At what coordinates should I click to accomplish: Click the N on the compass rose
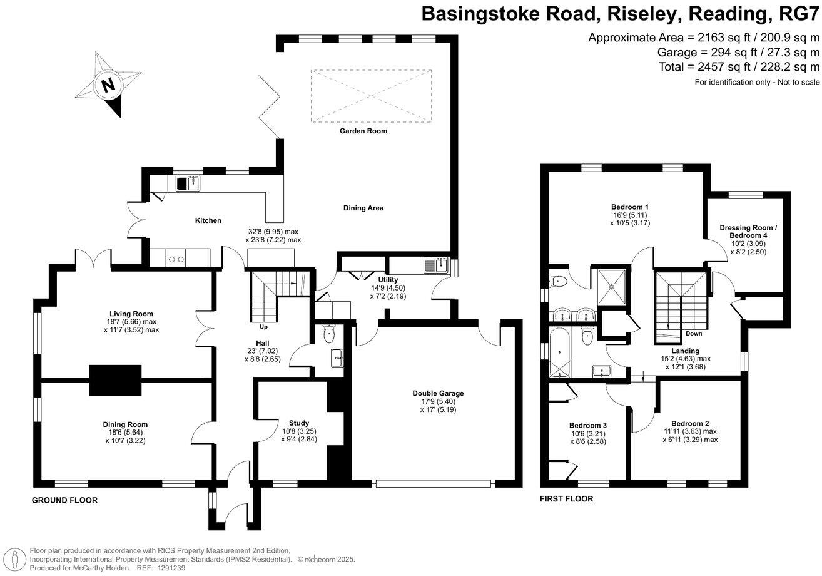point(108,85)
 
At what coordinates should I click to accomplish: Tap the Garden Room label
point(363,131)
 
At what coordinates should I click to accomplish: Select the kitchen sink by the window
point(188,183)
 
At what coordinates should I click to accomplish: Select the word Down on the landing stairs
point(693,334)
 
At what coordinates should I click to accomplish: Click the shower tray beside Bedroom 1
point(611,285)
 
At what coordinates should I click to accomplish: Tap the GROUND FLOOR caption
point(64,500)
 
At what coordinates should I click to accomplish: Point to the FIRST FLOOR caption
point(567,499)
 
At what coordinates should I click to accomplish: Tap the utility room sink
point(436,265)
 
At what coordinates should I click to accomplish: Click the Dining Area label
point(363,208)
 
